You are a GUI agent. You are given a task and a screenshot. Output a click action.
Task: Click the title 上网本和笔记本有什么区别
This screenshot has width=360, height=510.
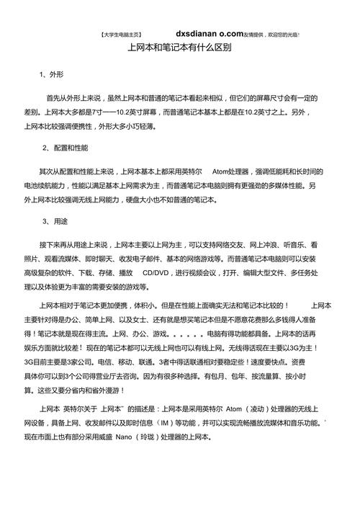(x=179, y=48)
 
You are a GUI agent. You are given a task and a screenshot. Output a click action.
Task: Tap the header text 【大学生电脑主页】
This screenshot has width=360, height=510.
(x=118, y=34)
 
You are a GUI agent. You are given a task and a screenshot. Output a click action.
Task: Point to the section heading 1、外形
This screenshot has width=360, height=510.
(x=52, y=75)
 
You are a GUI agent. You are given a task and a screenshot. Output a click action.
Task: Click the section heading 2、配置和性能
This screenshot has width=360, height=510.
(x=66, y=148)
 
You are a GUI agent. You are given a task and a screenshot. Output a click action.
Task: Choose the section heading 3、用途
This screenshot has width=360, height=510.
(x=55, y=221)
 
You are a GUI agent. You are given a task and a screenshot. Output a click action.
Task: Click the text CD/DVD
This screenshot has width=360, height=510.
(x=157, y=273)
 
